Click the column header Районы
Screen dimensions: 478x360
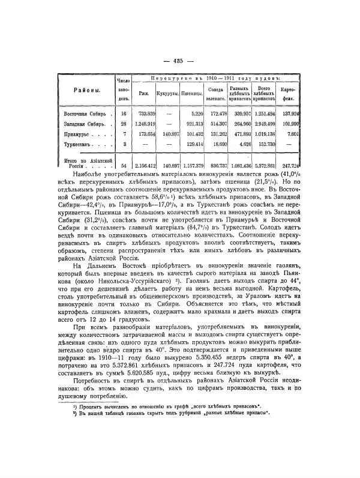[87, 90]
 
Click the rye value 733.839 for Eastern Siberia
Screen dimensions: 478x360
[146, 113]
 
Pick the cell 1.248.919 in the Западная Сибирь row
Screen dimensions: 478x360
[144, 124]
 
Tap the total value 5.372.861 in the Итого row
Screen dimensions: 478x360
[279, 165]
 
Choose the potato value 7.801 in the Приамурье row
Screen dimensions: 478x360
[310, 135]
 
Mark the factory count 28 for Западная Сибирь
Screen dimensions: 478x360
[123, 124]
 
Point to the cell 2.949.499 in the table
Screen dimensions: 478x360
[279, 124]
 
